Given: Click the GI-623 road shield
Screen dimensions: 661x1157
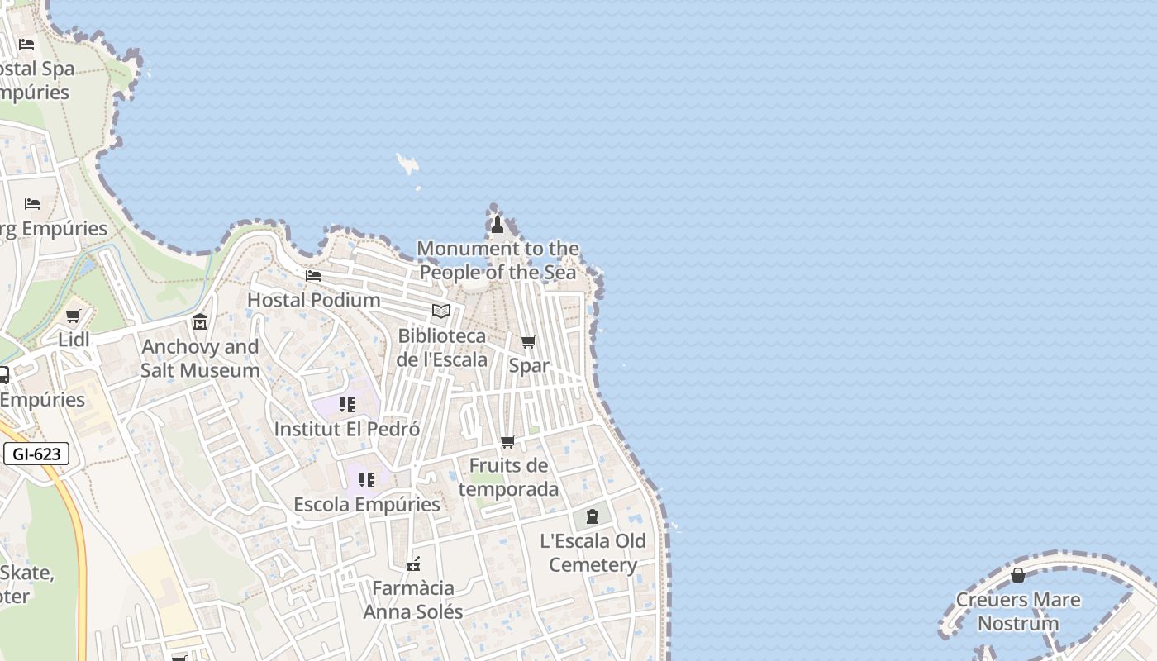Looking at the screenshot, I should tap(36, 454).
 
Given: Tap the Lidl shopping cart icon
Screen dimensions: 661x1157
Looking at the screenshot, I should tap(73, 316).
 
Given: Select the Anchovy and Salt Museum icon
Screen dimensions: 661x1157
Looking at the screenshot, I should tap(199, 322).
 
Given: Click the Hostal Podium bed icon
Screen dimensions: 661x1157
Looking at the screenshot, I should tap(313, 276).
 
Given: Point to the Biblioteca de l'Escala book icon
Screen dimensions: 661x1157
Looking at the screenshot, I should tap(441, 311).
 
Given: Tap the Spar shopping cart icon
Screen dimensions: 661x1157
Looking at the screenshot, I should tap(528, 341).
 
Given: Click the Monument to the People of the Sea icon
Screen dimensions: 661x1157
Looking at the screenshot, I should tap(497, 224).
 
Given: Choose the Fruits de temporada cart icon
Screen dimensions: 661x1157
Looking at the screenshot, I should tap(508, 442).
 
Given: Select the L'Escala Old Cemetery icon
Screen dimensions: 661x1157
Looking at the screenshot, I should tap(593, 517).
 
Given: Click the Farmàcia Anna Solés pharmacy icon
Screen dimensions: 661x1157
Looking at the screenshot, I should tap(413, 564).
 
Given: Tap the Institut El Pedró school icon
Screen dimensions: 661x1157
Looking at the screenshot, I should tap(347, 405).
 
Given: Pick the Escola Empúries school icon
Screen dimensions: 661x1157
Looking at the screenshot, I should tap(367, 480).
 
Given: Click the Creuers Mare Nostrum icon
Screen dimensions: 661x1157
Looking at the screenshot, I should tap(1018, 575).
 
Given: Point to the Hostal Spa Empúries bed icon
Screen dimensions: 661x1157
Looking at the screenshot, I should tap(26, 45).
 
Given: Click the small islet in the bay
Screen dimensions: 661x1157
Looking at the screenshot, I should tap(407, 164).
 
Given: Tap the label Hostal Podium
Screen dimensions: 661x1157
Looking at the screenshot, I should tap(314, 300).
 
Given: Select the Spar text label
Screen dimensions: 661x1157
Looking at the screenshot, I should tap(529, 365).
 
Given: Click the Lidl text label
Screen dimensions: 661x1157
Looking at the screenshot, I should tap(74, 340).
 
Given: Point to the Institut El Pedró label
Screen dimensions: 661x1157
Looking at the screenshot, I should tap(347, 430).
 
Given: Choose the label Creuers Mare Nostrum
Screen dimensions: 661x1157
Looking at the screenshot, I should tap(1018, 611).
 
